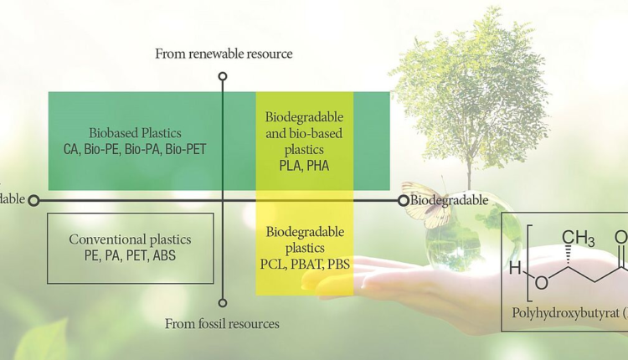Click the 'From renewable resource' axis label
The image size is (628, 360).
[223, 54]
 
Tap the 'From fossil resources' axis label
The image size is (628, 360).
[223, 323]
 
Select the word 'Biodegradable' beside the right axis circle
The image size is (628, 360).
[450, 201]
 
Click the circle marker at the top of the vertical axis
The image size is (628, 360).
[223, 77]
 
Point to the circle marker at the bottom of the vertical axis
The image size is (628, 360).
[223, 303]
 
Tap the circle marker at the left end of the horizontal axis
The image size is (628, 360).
[34, 200]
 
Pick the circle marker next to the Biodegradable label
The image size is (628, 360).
[404, 200]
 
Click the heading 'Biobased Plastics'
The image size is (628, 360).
[135, 133]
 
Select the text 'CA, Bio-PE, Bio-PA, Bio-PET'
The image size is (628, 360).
[135, 150]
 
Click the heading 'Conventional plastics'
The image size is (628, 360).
[130, 240]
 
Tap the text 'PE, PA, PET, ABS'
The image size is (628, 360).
[130, 256]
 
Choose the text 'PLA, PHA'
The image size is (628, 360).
[305, 166]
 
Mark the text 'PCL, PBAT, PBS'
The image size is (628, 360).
[305, 265]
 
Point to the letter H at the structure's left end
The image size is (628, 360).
[517, 269]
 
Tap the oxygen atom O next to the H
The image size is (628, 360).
[541, 283]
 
